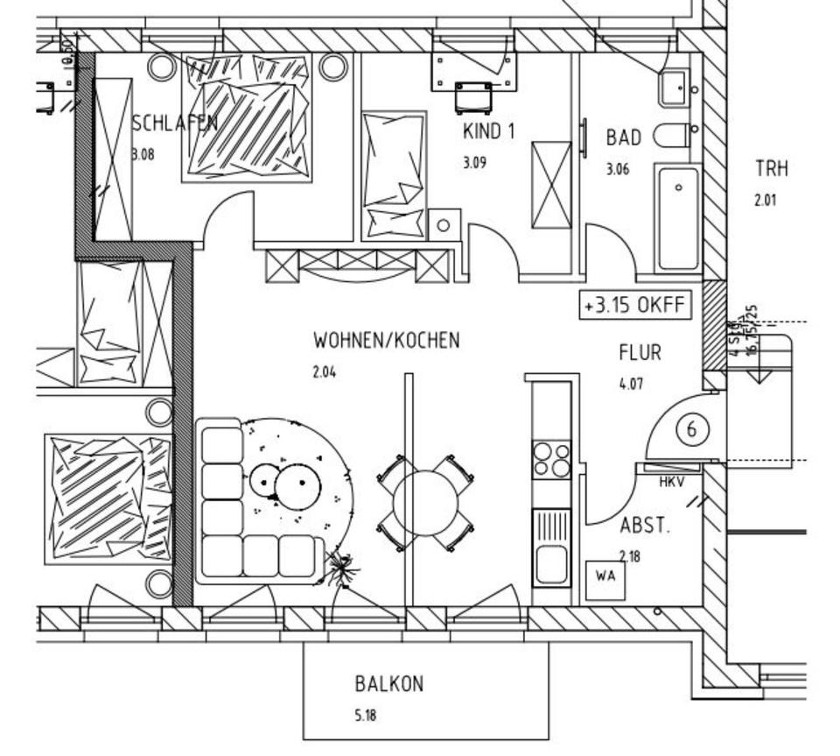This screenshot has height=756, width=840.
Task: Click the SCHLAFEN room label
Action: (174, 123)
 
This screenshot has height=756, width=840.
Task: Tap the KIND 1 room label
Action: (488, 131)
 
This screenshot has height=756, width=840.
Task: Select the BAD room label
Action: (623, 138)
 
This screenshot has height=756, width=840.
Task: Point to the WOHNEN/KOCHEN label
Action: (386, 340)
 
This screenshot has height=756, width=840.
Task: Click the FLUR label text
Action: (640, 353)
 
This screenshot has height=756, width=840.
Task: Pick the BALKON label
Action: (388, 683)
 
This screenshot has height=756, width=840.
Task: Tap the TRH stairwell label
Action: (772, 168)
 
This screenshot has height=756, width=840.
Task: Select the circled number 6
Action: (693, 429)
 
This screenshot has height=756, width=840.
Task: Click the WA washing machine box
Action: (605, 576)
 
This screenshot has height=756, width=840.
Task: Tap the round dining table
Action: (425, 502)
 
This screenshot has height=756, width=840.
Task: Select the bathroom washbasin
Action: (675, 88)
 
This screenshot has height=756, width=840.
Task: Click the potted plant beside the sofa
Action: (342, 569)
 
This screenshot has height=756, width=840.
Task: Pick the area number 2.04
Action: (324, 371)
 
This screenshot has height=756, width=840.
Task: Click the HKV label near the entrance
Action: (671, 482)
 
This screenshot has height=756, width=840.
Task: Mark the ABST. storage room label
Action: (645, 526)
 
